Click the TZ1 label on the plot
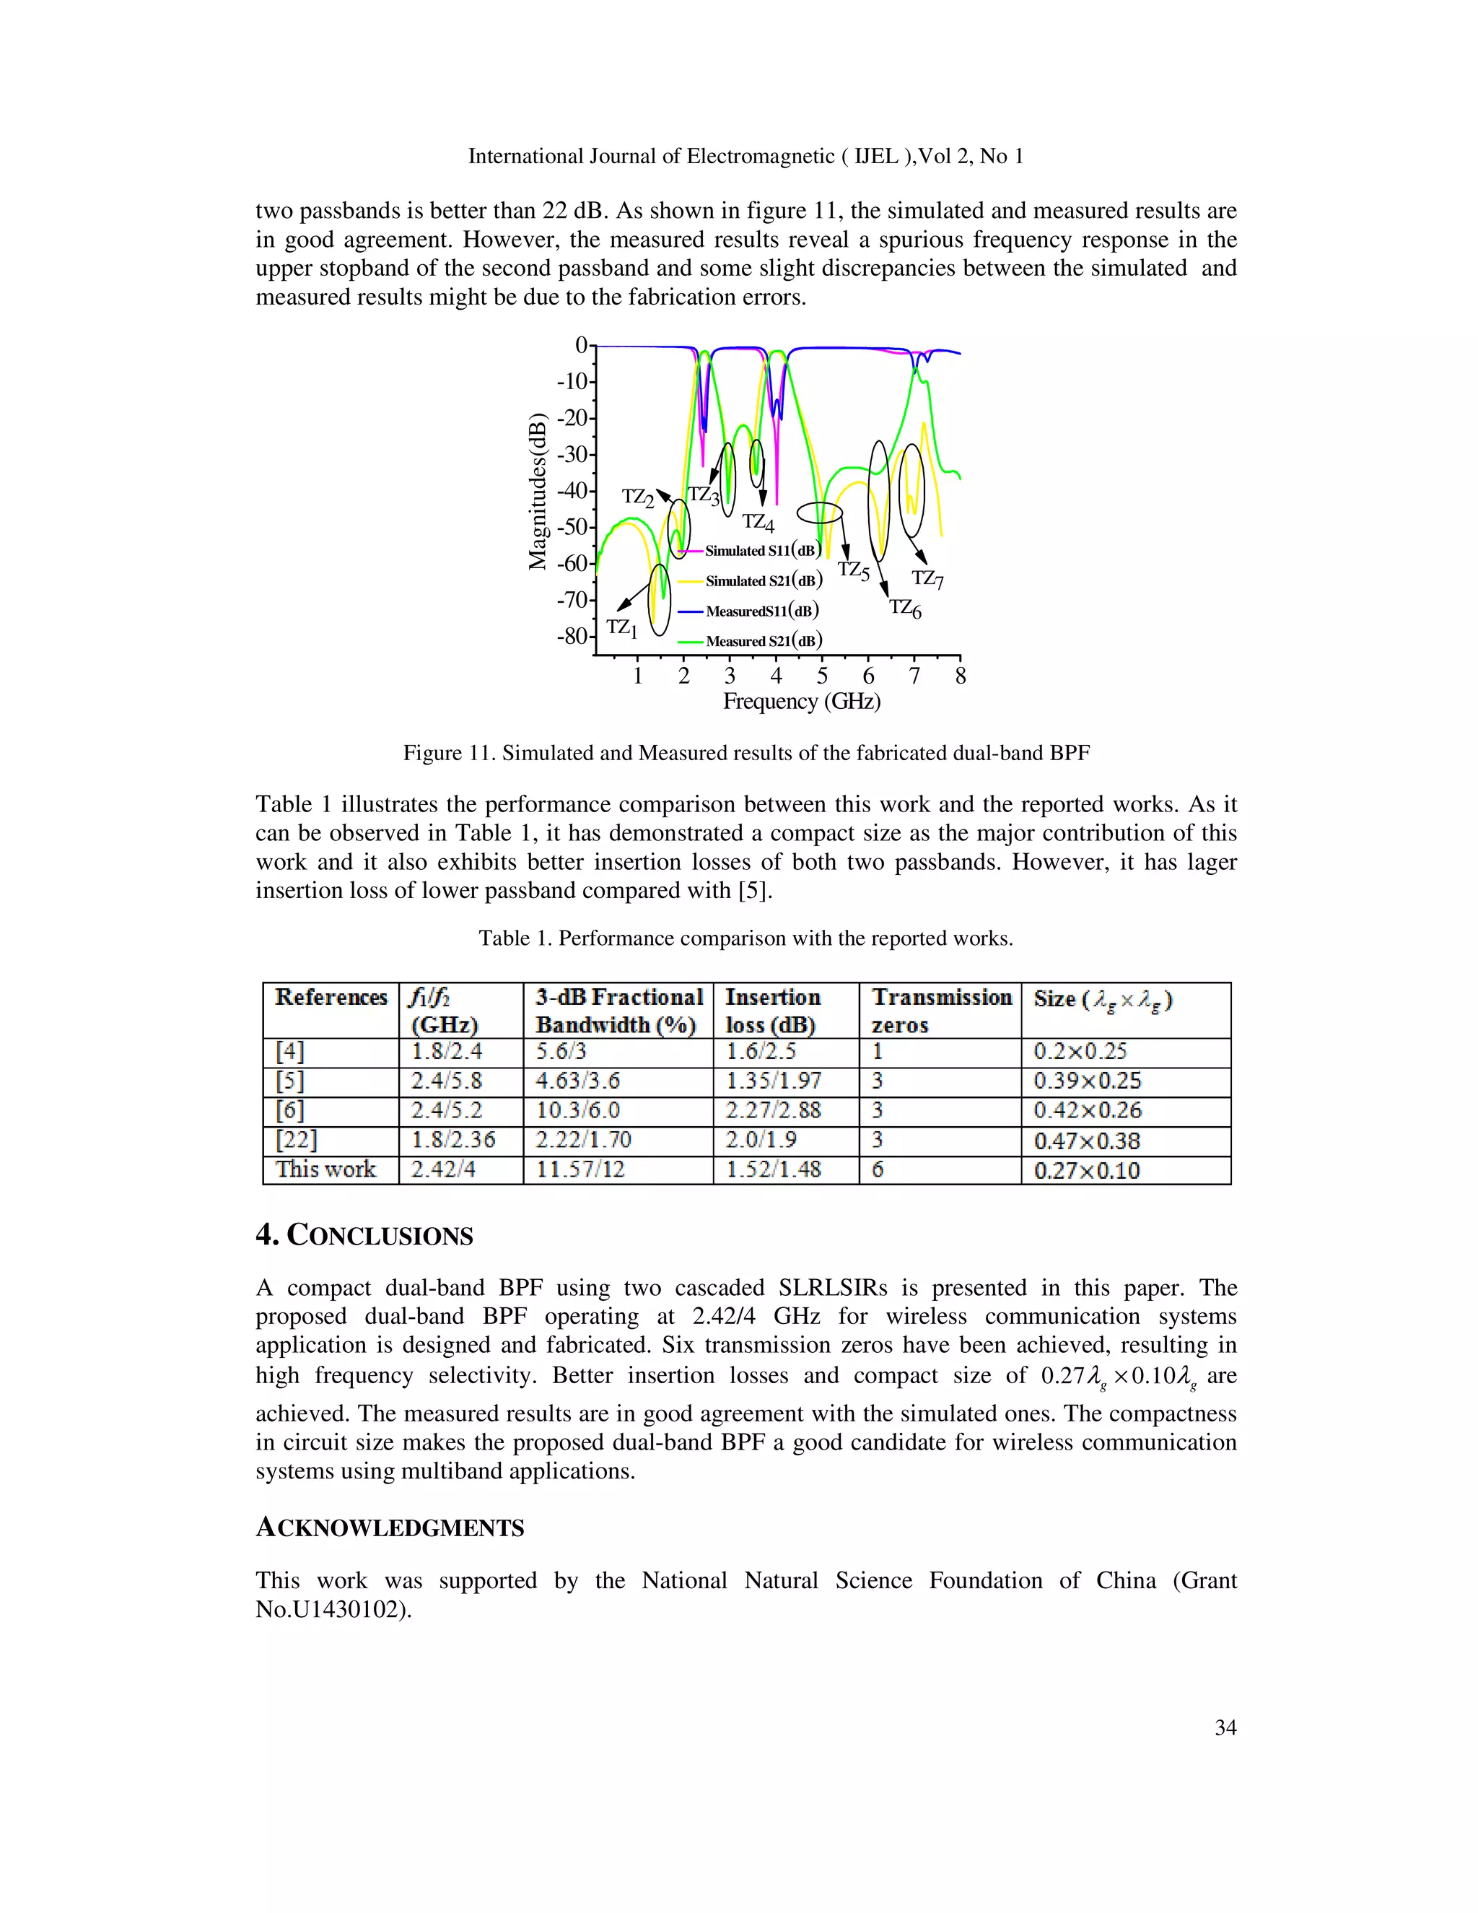pyautogui.click(x=621, y=628)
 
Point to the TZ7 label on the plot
pyautogui.click(x=927, y=578)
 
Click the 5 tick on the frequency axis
pyautogui.click(x=822, y=676)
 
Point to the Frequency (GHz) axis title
pyautogui.click(x=801, y=702)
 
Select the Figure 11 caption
pyautogui.click(x=746, y=753)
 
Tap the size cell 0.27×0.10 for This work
pyautogui.click(x=1087, y=1171)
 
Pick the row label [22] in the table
pyautogui.click(x=296, y=1141)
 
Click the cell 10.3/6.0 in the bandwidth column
pyautogui.click(x=578, y=1111)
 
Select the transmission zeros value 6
pyautogui.click(x=878, y=1170)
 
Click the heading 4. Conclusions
pyautogui.click(x=364, y=1236)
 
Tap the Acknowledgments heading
pyautogui.click(x=390, y=1528)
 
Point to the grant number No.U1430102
pyautogui.click(x=333, y=1610)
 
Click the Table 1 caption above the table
pyautogui.click(x=745, y=939)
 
